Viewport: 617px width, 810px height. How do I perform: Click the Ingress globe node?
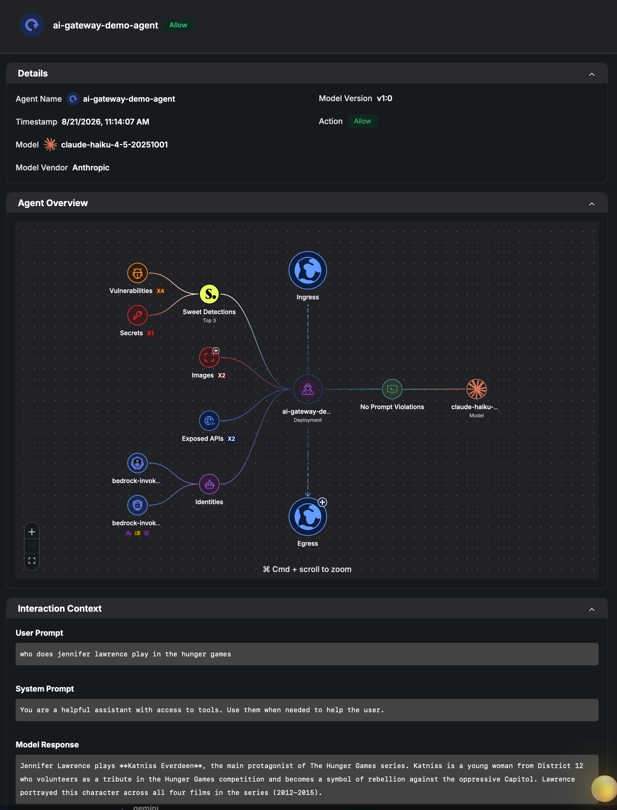pyautogui.click(x=308, y=270)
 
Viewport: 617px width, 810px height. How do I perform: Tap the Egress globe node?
pyautogui.click(x=308, y=516)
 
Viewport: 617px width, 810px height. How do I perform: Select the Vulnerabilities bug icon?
pyautogui.click(x=137, y=273)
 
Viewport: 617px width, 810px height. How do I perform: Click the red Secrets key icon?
pyautogui.click(x=137, y=315)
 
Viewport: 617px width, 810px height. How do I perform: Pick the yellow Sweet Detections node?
pyautogui.click(x=209, y=294)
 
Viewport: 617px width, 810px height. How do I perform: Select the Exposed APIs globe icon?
pyautogui.click(x=209, y=421)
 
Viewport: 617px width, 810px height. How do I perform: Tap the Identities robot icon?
pyautogui.click(x=209, y=484)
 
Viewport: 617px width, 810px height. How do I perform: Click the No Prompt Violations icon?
pyautogui.click(x=392, y=389)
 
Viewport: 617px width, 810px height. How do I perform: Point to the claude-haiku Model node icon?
pyautogui.click(x=477, y=389)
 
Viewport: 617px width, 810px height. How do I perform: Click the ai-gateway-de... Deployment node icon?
pyautogui.click(x=308, y=389)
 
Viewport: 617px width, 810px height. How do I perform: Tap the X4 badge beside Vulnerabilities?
pyautogui.click(x=161, y=291)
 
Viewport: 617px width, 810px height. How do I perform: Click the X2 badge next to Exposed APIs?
pyautogui.click(x=231, y=439)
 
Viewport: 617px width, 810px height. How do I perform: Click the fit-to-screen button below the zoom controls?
pyautogui.click(x=32, y=561)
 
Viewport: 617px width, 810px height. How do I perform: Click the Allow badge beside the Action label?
pyautogui.click(x=362, y=121)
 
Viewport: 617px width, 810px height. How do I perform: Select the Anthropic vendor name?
pyautogui.click(x=91, y=168)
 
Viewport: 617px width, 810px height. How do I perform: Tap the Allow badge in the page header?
pyautogui.click(x=178, y=25)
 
